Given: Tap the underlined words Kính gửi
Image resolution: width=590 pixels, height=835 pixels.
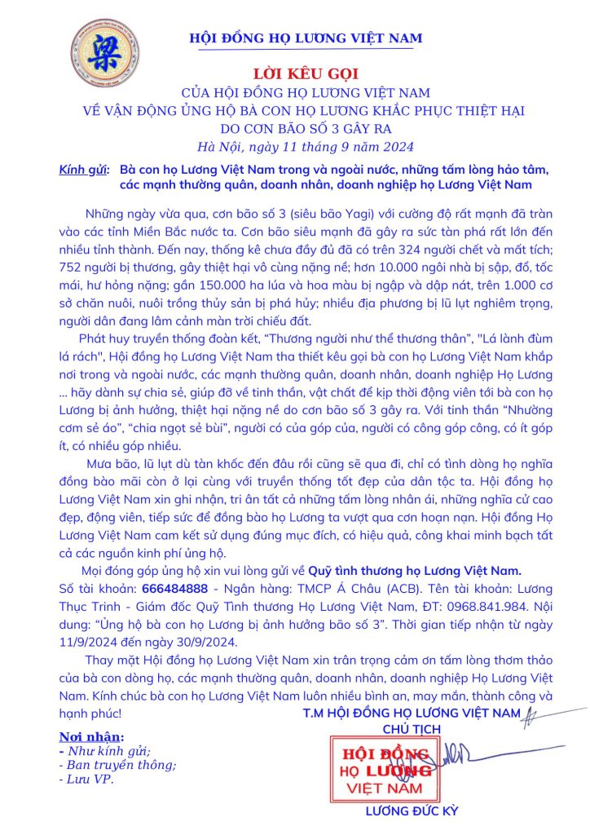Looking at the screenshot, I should click(83, 170).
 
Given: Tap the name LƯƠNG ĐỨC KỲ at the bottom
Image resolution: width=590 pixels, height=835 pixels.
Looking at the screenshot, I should click(412, 811).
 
